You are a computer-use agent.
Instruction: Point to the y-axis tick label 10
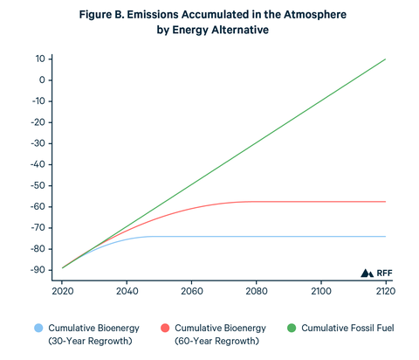tap(40, 59)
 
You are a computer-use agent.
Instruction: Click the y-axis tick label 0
tap(43, 80)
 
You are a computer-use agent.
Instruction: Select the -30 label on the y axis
tap(38, 143)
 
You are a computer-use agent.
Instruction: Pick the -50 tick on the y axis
tap(38, 185)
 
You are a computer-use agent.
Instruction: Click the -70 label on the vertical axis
tap(38, 227)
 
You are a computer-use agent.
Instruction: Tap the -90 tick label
tap(38, 269)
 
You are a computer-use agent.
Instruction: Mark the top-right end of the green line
tap(385, 59)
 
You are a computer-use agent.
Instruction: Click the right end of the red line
tap(385, 202)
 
